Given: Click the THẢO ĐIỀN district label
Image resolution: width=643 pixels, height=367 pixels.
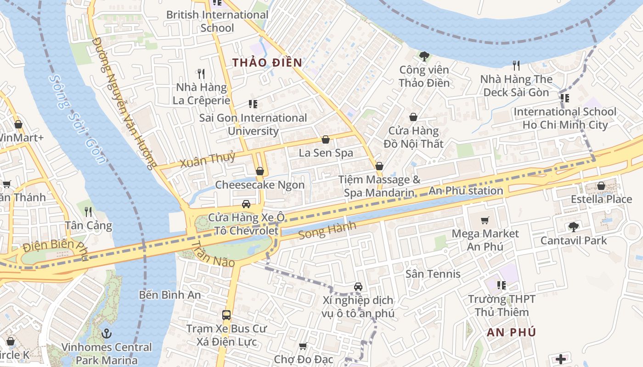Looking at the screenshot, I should (x=267, y=63).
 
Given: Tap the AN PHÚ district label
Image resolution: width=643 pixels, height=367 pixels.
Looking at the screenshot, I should (x=511, y=333).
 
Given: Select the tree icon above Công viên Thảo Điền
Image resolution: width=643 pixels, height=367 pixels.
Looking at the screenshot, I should (x=424, y=56).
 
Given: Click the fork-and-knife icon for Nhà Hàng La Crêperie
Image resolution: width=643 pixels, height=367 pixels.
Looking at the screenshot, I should (x=201, y=73).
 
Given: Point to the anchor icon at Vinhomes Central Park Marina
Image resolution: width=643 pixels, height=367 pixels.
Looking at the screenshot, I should (x=107, y=334).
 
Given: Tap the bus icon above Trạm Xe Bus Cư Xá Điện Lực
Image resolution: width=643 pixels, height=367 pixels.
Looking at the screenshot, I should (x=226, y=315).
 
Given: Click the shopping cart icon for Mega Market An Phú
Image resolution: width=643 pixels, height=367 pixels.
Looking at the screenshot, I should (x=485, y=220).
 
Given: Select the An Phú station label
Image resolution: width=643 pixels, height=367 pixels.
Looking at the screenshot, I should (x=466, y=191).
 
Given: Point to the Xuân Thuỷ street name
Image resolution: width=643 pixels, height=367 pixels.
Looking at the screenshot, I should (x=207, y=159).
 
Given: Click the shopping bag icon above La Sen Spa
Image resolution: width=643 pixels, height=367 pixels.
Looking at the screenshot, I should (x=326, y=139).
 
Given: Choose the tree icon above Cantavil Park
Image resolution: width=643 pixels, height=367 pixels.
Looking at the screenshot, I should (x=573, y=227).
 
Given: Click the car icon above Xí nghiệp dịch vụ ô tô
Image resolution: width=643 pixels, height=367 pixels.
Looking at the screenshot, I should (x=358, y=287).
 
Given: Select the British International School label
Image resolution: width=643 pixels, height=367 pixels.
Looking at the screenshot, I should (x=217, y=21).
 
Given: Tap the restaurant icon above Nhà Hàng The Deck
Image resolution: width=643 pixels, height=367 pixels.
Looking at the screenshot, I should (x=516, y=66).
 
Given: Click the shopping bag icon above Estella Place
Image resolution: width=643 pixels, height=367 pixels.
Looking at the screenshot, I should (x=601, y=186).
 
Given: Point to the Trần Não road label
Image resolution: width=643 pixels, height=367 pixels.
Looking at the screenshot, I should (x=213, y=254).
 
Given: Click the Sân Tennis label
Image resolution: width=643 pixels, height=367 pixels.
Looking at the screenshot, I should (x=433, y=274).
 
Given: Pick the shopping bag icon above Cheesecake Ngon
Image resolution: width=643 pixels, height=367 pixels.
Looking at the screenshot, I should (x=260, y=171).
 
